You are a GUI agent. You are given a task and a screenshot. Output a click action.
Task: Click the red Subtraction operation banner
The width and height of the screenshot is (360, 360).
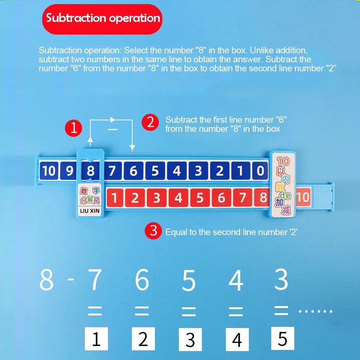[102, 18]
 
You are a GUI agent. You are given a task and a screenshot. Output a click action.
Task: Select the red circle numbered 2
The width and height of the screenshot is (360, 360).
[150, 122]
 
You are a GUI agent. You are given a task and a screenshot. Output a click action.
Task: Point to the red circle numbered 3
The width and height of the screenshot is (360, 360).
[153, 231]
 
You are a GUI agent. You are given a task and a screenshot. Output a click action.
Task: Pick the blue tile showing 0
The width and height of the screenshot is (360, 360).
[260, 171]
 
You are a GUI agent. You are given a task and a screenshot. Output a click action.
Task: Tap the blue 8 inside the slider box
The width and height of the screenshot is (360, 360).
[90, 171]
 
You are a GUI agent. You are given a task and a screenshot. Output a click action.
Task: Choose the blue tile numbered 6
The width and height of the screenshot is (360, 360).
[133, 171]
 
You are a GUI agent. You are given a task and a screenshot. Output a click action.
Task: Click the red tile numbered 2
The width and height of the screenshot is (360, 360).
[135, 198]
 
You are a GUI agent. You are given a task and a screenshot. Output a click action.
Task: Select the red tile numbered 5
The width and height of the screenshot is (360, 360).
[200, 198]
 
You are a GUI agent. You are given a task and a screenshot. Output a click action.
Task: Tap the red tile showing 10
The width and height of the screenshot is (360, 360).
[303, 197]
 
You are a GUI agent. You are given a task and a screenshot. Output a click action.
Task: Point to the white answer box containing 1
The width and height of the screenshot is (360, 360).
[96, 339]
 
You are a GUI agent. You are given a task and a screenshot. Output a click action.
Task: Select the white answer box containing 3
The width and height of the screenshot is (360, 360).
[190, 339]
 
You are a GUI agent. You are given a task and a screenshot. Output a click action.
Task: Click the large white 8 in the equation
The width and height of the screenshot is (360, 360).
[46, 280]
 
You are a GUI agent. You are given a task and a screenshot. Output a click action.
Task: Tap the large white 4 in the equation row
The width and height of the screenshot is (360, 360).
[236, 280]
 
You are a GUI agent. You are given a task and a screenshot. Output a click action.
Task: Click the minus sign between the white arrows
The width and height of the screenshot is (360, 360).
[113, 129]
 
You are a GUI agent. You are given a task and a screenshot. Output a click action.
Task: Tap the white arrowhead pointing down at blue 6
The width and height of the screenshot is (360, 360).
[132, 148]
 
